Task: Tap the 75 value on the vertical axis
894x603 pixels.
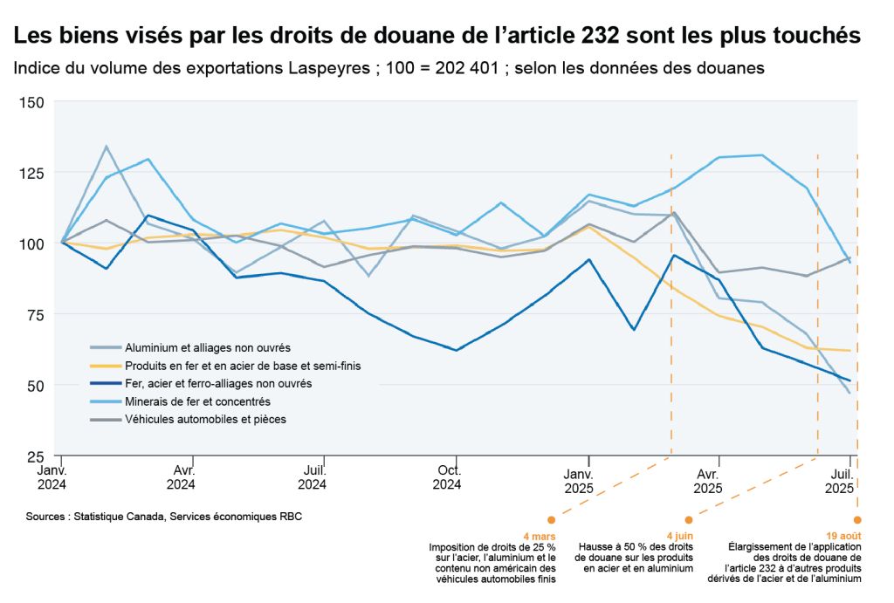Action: coord(35,314)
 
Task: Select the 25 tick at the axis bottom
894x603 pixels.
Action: coord(35,456)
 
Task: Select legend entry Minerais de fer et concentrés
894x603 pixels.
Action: coord(198,401)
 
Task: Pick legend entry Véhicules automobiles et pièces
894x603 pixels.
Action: coord(206,420)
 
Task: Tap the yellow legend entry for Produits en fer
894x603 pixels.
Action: coord(243,366)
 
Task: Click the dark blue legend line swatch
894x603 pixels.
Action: coord(107,384)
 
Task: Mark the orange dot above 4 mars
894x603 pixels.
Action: coord(551,520)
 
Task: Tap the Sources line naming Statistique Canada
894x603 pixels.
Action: coord(164,517)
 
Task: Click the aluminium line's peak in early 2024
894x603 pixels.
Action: coord(107,147)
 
